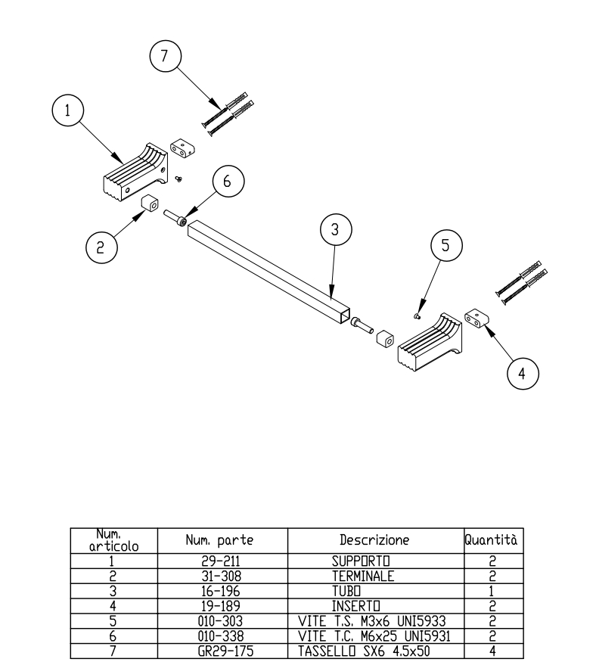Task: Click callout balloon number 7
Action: click(x=166, y=56)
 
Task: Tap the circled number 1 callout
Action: click(x=68, y=110)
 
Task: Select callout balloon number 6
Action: click(x=228, y=181)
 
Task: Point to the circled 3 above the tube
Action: click(x=336, y=230)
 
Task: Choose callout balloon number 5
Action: click(x=446, y=245)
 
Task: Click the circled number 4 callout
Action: click(x=523, y=373)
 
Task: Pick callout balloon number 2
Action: click(x=101, y=247)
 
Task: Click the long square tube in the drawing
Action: click(x=269, y=272)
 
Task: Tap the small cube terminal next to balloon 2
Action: click(x=150, y=203)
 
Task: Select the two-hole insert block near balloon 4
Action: click(x=476, y=319)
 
